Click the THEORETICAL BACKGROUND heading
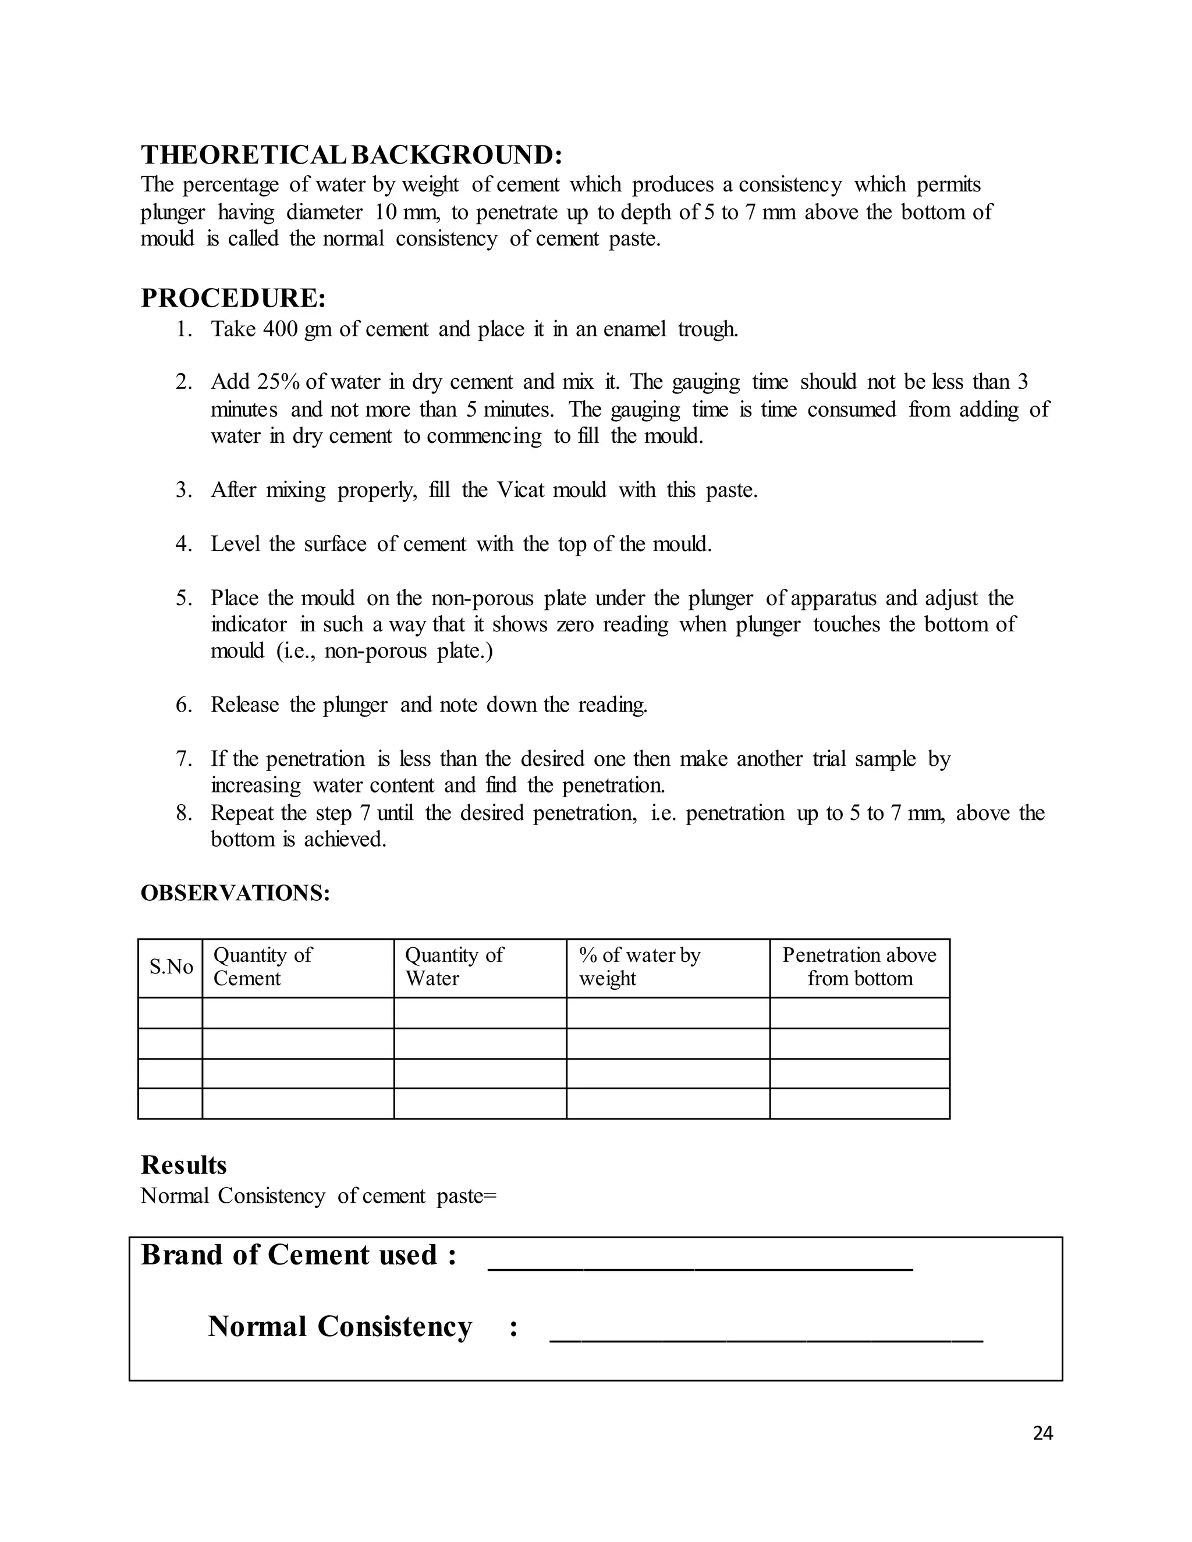tap(351, 155)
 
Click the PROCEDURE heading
tap(233, 298)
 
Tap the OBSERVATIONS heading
tap(235, 893)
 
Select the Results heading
tap(183, 1164)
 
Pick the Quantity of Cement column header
tap(262, 967)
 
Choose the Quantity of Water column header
tap(453, 967)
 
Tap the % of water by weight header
tap(639, 967)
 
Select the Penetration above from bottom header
tap(860, 967)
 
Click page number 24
tap(1042, 1433)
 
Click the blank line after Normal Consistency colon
tap(765, 1340)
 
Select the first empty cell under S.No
tap(170, 1012)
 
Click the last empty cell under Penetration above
tap(860, 1103)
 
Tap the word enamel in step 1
tap(634, 329)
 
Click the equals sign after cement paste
tap(490, 1196)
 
